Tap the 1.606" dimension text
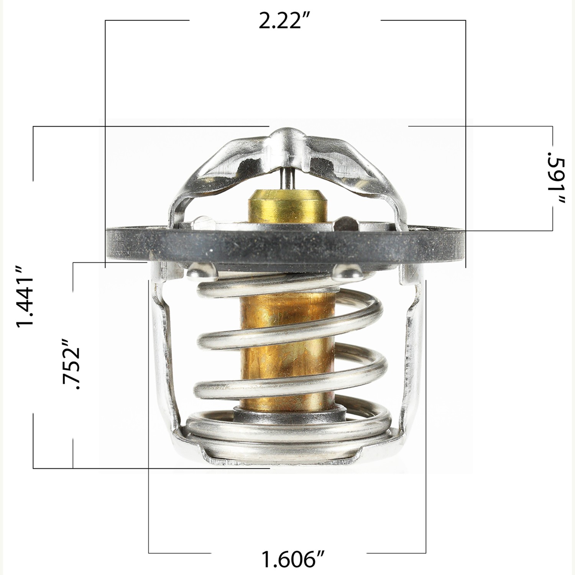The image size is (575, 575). [x=293, y=559]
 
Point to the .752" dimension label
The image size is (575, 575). [x=71, y=364]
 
